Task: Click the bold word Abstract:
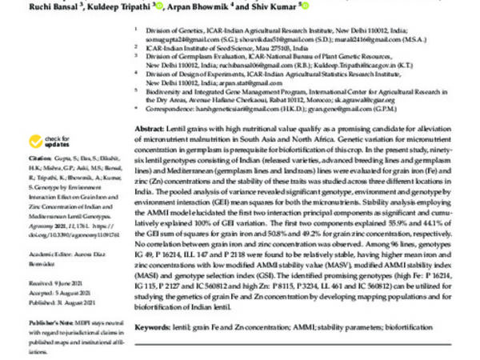[151, 128]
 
